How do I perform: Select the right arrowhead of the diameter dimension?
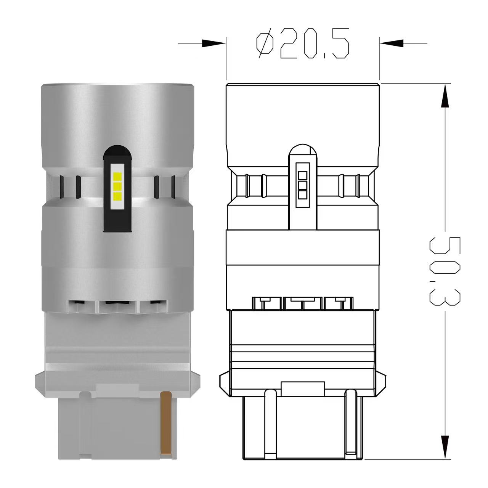[391, 43]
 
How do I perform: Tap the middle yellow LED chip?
[117, 186]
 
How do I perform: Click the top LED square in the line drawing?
[303, 175]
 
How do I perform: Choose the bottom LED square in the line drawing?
[303, 195]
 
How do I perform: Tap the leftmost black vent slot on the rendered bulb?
[62, 187]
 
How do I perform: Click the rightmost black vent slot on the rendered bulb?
[173, 187]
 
